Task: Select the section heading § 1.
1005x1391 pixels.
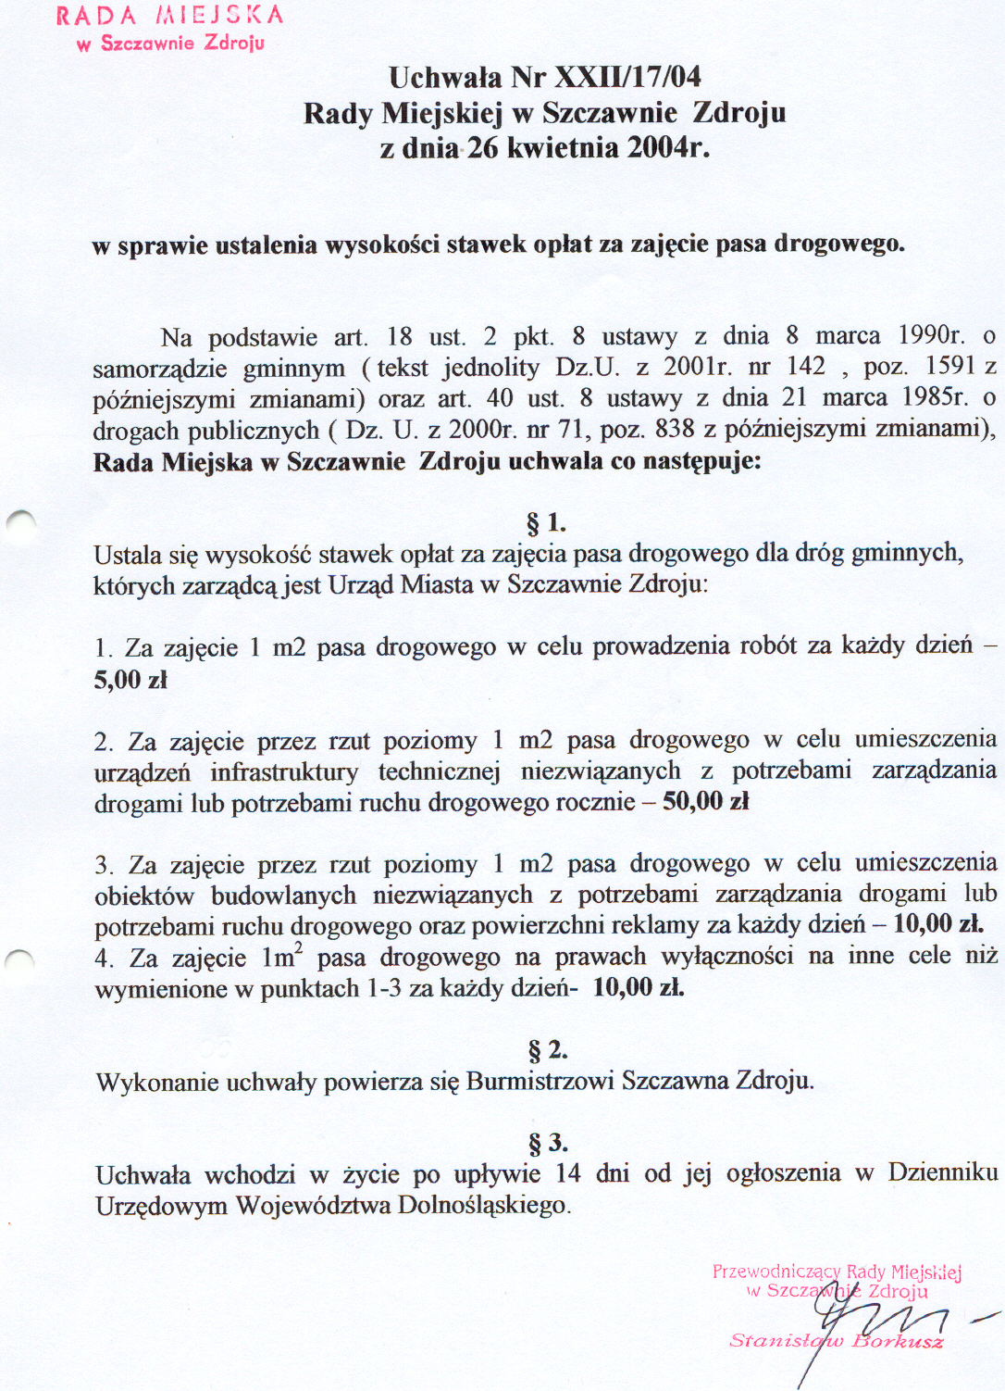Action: point(546,523)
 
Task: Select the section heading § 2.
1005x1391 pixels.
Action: point(548,1050)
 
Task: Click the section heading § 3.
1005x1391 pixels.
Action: point(548,1143)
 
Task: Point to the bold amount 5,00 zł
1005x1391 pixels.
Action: point(130,681)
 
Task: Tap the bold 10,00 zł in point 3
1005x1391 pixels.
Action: point(937,924)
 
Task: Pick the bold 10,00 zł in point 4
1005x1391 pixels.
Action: point(639,987)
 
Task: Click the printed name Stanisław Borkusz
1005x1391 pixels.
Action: point(836,1341)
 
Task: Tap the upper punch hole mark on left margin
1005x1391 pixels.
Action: point(20,524)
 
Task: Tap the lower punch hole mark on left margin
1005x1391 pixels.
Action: point(19,961)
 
